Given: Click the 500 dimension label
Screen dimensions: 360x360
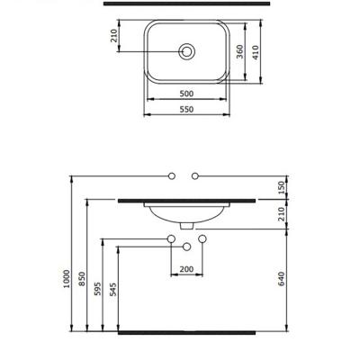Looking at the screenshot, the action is tap(186, 94).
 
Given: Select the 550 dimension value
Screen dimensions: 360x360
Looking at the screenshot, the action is tap(186, 110).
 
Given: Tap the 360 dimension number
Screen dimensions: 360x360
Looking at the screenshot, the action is tap(239, 51).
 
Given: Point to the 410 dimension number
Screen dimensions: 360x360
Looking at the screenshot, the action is tap(256, 52).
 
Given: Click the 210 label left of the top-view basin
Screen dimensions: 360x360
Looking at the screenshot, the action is tap(114, 36).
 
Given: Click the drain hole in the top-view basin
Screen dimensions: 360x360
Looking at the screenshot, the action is tap(187, 52).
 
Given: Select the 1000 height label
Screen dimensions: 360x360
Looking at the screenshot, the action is tap(67, 279).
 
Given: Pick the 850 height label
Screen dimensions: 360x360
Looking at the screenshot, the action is tap(82, 279).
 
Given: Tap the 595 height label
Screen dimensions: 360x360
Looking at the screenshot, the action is tap(98, 289).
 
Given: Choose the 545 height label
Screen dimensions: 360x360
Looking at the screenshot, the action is tap(113, 290).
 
